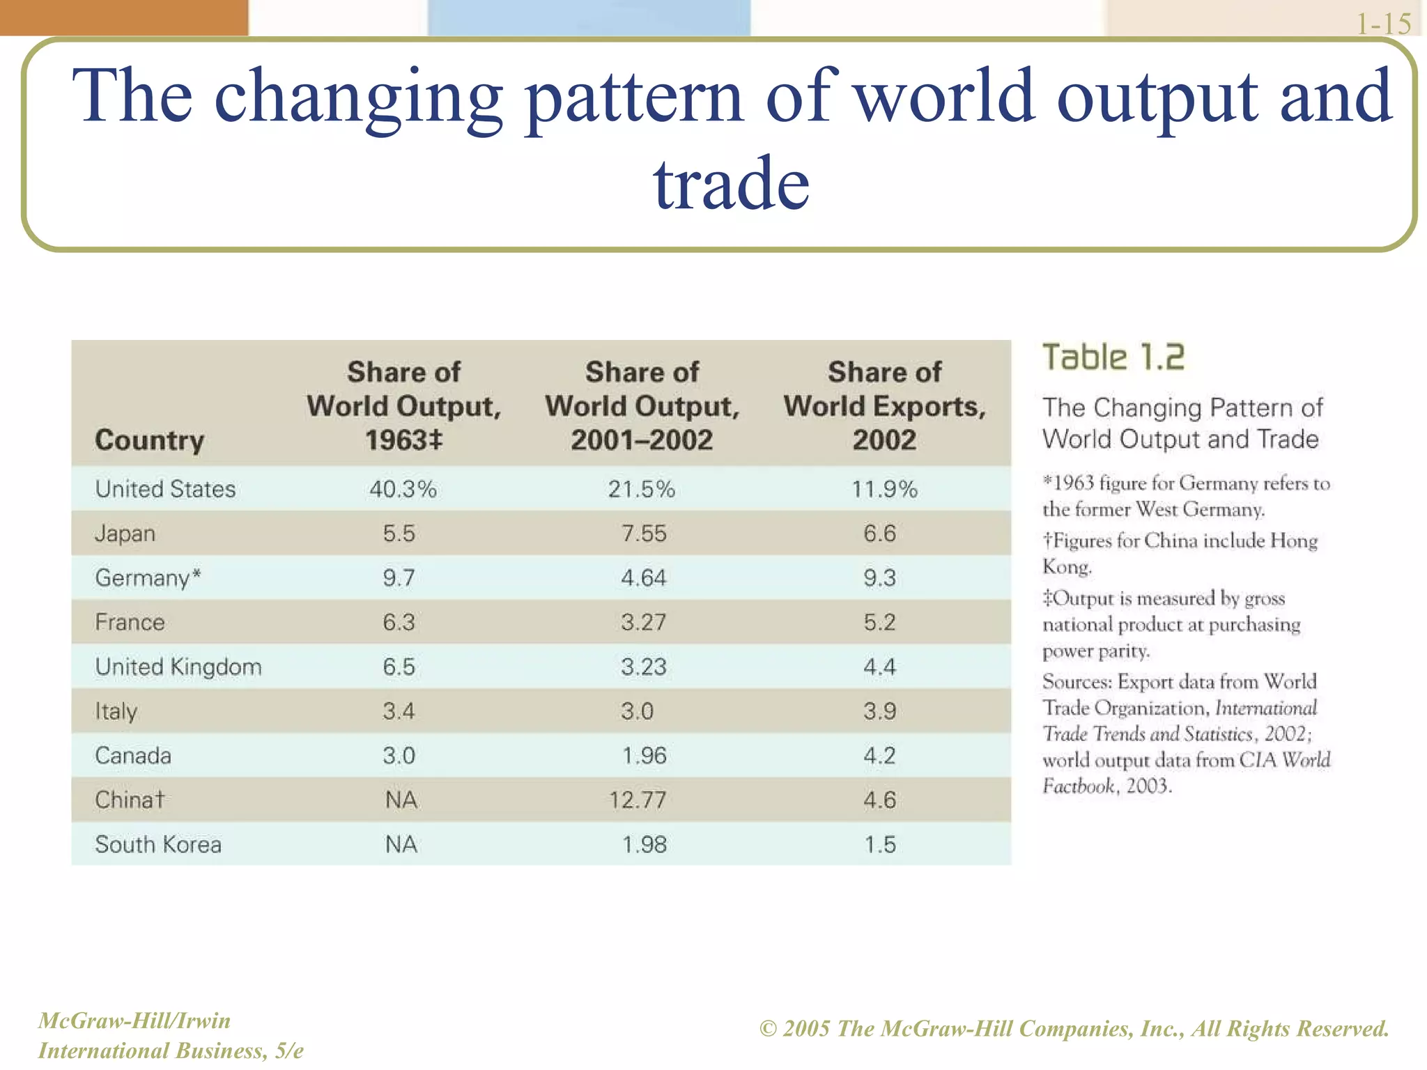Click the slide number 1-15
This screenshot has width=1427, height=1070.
[1383, 24]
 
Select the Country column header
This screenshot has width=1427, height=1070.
[150, 440]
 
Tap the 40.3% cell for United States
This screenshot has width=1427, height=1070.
[403, 489]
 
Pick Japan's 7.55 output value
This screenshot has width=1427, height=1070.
[644, 534]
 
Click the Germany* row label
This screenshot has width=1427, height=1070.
[148, 578]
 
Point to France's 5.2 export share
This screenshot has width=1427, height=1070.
[879, 622]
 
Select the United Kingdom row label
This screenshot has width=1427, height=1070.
[178, 667]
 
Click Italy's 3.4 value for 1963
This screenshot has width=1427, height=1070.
[399, 711]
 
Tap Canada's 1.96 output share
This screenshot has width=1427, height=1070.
[645, 756]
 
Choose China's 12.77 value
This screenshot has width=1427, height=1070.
[638, 800]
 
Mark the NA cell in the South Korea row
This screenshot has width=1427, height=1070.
[401, 844]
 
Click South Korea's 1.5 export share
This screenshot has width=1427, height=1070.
[880, 844]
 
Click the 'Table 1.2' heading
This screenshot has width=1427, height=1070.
[1113, 357]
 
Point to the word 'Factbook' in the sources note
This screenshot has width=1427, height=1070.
[1079, 786]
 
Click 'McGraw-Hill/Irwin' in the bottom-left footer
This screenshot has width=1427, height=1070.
[134, 1021]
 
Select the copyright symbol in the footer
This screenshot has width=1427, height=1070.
[768, 1029]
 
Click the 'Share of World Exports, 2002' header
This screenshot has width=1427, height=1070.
[884, 405]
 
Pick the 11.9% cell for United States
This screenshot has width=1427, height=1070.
[884, 489]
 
